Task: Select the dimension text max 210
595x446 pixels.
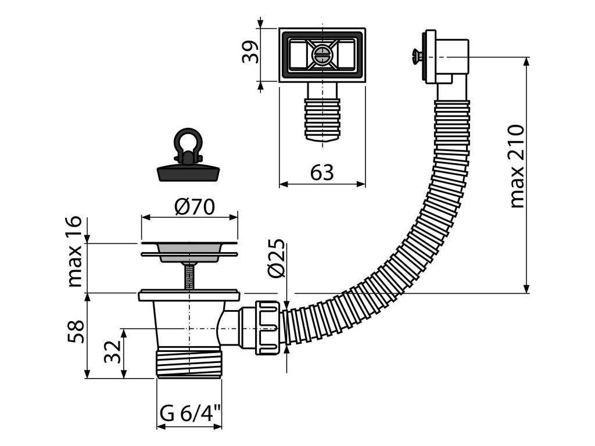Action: click(x=517, y=166)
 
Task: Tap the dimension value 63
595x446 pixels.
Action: click(x=322, y=172)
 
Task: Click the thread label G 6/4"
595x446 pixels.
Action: click(x=189, y=414)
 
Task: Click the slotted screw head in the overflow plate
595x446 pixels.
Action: click(x=322, y=55)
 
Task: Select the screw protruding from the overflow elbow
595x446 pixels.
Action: click(x=415, y=56)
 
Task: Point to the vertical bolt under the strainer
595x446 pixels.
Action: click(x=189, y=275)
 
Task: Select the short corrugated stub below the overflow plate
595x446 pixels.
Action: click(x=322, y=116)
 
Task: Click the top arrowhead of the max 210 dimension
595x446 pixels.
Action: click(x=527, y=62)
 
